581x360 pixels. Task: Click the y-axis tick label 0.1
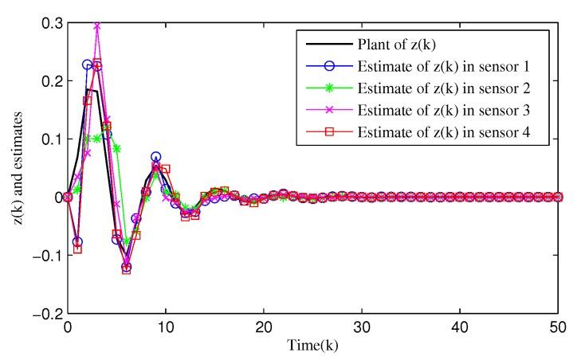coord(48,139)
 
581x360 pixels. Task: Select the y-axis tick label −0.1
coord(43,256)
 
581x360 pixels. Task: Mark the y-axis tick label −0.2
coord(43,314)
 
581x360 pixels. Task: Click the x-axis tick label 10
coord(166,327)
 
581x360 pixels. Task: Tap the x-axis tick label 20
coord(264,327)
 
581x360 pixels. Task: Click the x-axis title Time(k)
coord(312,346)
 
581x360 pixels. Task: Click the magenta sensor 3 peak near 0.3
coord(97,26)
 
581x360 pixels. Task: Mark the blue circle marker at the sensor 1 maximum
coord(88,65)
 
